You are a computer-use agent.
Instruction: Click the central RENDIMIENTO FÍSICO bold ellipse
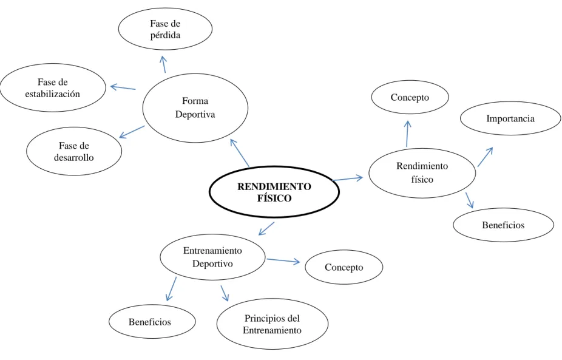[274, 192]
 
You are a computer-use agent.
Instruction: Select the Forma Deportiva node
[195, 108]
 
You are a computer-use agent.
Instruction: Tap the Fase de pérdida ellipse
[165, 29]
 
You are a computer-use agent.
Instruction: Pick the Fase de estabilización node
[53, 88]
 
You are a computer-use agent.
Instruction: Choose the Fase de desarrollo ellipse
[74, 151]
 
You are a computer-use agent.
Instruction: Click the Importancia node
[510, 118]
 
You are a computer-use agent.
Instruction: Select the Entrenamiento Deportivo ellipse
[212, 257]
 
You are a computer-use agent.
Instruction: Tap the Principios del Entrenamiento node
[273, 324]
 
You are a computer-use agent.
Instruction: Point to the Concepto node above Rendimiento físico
[410, 97]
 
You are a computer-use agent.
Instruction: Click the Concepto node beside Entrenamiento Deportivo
[344, 267]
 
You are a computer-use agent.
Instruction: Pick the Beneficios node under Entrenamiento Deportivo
[152, 322]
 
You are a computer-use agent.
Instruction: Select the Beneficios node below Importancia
[504, 225]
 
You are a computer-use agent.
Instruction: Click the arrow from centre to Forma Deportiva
[239, 153]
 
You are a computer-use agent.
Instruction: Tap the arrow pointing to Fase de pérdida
[164, 64]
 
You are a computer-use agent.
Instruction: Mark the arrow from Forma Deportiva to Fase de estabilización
[123, 87]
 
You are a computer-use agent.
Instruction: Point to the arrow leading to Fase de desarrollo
[132, 132]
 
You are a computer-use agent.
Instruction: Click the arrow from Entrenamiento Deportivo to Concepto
[283, 260]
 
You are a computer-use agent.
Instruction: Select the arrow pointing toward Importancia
[486, 157]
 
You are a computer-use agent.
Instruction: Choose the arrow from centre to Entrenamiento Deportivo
[266, 229]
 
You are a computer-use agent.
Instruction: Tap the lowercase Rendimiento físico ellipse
[422, 173]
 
